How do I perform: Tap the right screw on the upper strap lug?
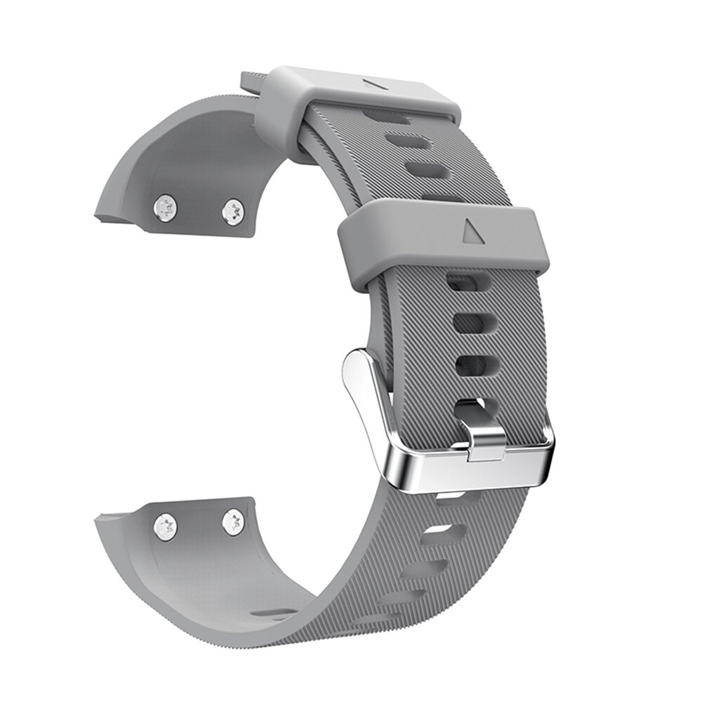(233, 211)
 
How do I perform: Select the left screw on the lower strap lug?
(166, 526)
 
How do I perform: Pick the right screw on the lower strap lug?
(233, 522)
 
